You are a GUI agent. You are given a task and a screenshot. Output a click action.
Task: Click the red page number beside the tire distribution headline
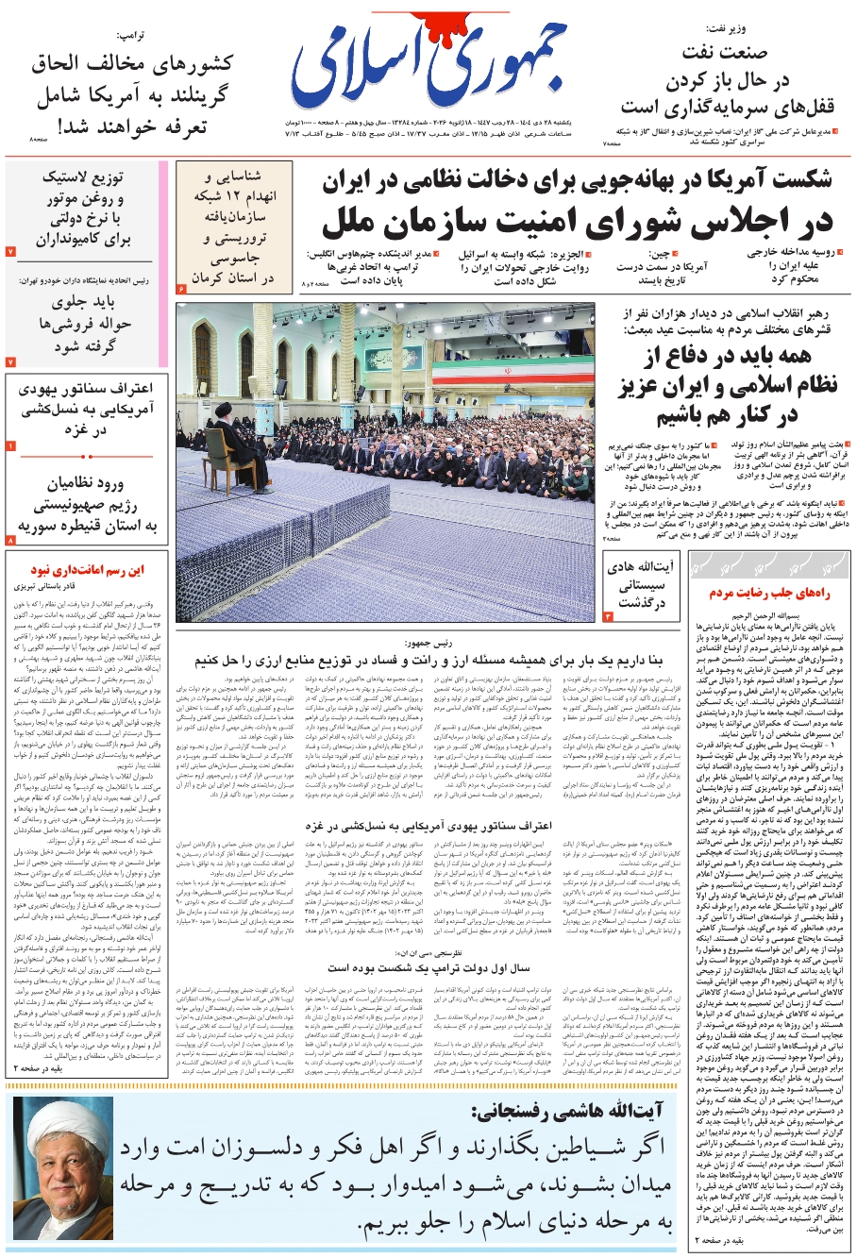point(10,252)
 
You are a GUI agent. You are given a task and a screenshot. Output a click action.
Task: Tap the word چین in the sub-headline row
point(661,254)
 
